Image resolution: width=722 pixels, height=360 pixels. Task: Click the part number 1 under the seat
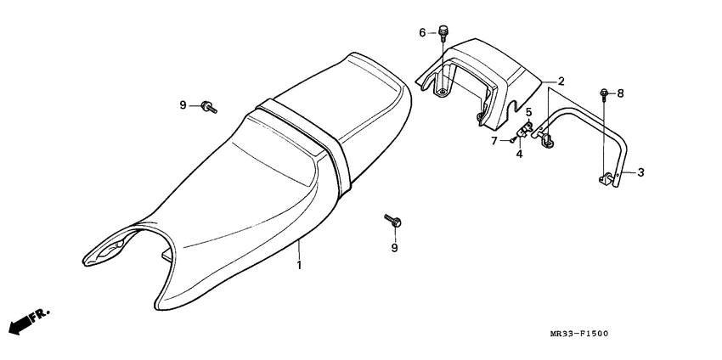(x=298, y=266)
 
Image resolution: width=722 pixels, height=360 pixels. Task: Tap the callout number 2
(x=561, y=82)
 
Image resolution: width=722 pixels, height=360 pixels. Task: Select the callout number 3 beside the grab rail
(x=640, y=172)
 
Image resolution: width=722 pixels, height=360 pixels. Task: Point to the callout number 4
(x=519, y=154)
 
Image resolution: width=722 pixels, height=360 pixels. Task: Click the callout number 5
(x=527, y=112)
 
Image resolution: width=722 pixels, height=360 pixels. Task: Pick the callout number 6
(x=422, y=33)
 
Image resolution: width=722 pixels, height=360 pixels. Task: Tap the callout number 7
(x=494, y=140)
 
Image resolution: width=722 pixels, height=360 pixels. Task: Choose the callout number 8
(x=620, y=93)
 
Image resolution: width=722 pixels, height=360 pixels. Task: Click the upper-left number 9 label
(x=183, y=105)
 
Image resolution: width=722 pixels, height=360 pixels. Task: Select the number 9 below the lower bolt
(x=393, y=248)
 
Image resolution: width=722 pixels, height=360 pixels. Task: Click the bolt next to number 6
(x=443, y=32)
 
